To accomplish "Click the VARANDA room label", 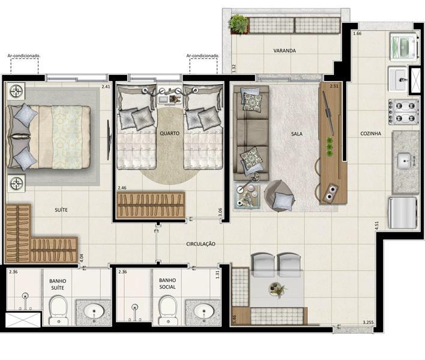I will (x=285, y=51).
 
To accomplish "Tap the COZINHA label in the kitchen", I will (x=372, y=133).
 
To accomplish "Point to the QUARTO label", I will (x=169, y=133).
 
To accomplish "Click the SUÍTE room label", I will (x=61, y=210).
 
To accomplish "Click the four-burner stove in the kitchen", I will (x=403, y=112).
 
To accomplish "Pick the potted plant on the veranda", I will (x=239, y=24).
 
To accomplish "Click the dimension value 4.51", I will (x=376, y=226).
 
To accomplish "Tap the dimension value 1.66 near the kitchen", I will (x=358, y=34).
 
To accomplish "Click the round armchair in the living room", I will (x=280, y=195).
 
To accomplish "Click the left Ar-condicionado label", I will (x=24, y=56).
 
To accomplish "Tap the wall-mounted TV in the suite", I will (x=109, y=138).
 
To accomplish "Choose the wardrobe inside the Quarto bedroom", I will (x=151, y=205).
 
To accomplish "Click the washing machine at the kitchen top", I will (x=403, y=46).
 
